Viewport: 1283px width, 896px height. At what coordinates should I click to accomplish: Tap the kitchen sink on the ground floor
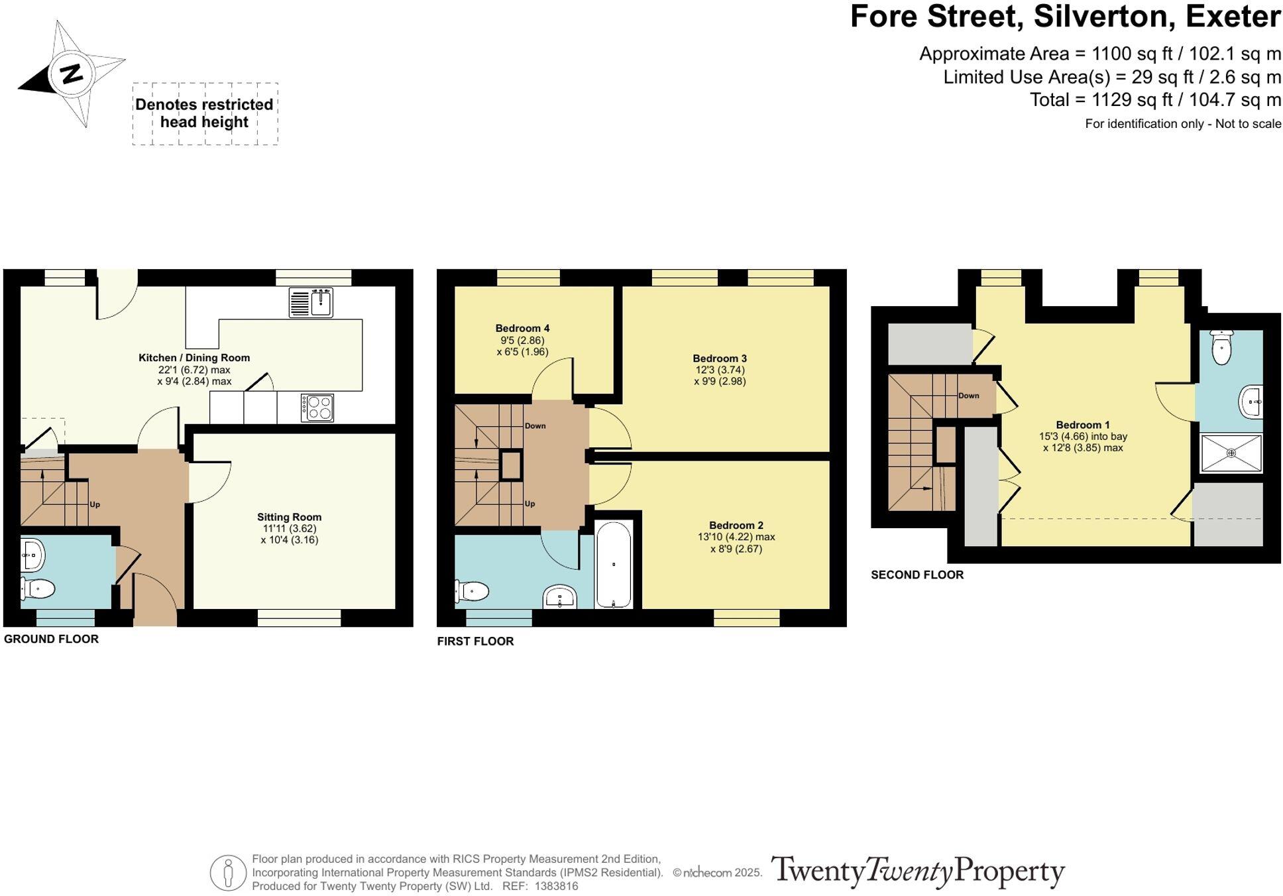[x=311, y=303]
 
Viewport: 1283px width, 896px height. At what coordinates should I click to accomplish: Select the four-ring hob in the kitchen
[x=317, y=408]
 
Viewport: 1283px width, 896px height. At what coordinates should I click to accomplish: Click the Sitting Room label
[x=289, y=517]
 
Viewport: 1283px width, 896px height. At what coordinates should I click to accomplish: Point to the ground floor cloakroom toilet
[x=38, y=588]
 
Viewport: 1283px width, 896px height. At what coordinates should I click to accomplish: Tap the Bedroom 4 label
[x=522, y=328]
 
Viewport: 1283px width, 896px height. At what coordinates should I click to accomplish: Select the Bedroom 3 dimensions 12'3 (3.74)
[x=720, y=370]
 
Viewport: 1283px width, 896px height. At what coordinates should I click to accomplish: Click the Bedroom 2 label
[x=736, y=525]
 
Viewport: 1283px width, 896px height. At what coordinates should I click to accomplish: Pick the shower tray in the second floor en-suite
[x=1231, y=453]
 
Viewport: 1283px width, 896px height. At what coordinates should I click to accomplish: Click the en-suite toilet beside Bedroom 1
[x=1221, y=348]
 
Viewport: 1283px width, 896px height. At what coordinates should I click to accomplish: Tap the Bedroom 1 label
[x=1082, y=425]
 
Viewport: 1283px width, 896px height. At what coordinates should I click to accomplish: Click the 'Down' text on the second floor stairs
[x=968, y=396]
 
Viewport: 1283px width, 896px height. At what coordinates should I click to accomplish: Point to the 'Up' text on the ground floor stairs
[x=95, y=504]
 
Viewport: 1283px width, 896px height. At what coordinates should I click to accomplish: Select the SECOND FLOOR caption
[x=917, y=575]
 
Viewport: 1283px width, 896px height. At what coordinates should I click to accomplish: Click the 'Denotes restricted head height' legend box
[x=205, y=113]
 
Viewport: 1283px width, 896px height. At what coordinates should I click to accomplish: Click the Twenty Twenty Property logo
[x=917, y=871]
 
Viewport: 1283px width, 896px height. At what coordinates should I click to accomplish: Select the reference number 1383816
[x=556, y=886]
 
